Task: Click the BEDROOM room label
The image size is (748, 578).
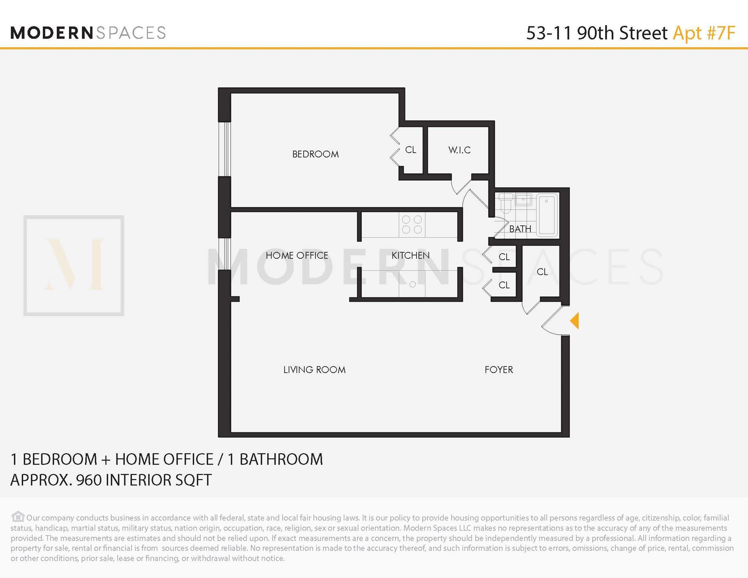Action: (315, 154)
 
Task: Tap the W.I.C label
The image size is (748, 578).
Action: (459, 150)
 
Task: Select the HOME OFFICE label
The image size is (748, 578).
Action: (297, 256)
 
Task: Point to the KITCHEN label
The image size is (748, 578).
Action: (410, 256)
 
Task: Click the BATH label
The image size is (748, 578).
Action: (520, 229)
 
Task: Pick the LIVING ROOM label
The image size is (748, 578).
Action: (314, 370)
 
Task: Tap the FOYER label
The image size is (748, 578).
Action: (498, 370)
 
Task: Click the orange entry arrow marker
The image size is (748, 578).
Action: (575, 320)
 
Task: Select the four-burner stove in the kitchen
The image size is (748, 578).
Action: (412, 224)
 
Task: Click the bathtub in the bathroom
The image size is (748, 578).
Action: (547, 215)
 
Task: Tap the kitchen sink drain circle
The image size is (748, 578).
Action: (412, 284)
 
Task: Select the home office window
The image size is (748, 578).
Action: (224, 254)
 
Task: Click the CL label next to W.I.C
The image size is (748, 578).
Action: (410, 150)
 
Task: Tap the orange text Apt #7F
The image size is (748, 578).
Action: (704, 33)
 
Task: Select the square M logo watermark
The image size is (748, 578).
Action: (74, 265)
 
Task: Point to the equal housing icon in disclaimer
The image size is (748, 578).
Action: (18, 516)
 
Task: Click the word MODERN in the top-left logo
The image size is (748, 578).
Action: (52, 33)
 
